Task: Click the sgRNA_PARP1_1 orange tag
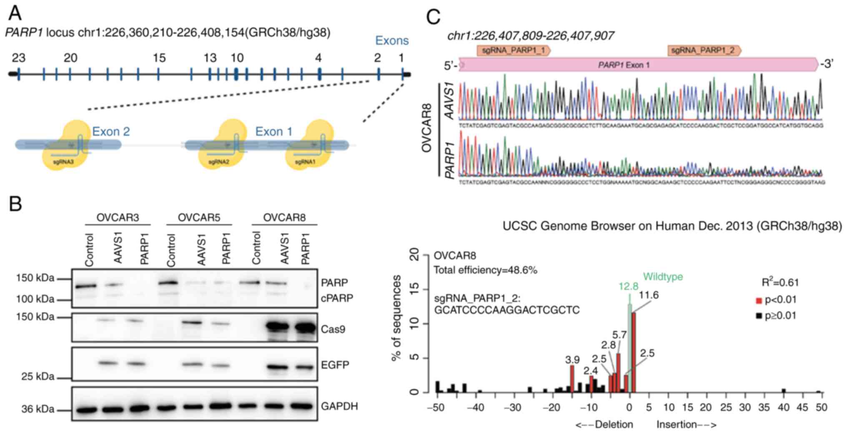[x=513, y=50]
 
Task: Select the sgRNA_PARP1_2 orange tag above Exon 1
[x=704, y=50]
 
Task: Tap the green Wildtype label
[x=663, y=277]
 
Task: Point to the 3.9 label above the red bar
[x=572, y=359]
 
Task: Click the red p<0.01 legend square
[x=759, y=300]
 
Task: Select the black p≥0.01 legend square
[x=759, y=316]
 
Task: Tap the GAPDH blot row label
[x=339, y=406]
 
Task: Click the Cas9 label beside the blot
[x=333, y=330]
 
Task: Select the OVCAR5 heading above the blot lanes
[x=199, y=217]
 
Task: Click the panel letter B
[x=15, y=204]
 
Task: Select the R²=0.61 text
[x=780, y=282]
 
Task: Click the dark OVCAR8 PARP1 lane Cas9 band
[x=305, y=328]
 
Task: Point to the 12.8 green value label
[x=628, y=286]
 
